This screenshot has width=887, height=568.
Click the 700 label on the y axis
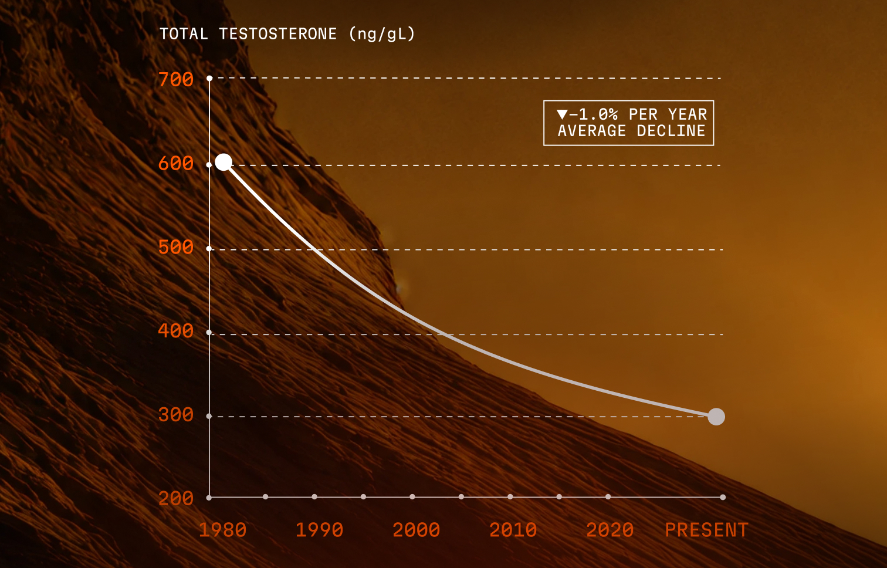click(x=176, y=79)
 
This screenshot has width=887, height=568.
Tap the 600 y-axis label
click(x=176, y=163)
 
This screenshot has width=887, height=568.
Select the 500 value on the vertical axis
click(x=176, y=247)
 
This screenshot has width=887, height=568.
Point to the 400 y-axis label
click(x=176, y=331)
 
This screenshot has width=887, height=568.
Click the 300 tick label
click(x=176, y=415)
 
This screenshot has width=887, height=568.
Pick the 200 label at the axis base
click(x=176, y=498)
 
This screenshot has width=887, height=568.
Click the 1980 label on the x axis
click(x=222, y=530)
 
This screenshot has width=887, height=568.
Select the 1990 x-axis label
click(x=320, y=530)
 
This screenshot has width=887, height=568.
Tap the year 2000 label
click(x=416, y=530)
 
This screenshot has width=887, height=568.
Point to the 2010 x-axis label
click(x=513, y=530)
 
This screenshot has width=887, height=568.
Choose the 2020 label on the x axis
click(x=610, y=530)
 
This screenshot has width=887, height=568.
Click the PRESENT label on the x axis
click(x=707, y=530)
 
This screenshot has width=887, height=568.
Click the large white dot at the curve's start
click(x=224, y=163)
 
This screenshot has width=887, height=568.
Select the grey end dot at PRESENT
click(x=716, y=417)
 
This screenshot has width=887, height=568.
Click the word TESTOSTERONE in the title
click(x=278, y=34)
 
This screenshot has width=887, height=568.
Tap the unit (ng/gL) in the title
click(x=382, y=34)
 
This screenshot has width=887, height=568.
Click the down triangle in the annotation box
click(x=562, y=114)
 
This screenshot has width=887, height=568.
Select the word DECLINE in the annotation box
click(x=671, y=131)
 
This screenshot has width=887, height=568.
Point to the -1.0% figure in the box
click(x=593, y=114)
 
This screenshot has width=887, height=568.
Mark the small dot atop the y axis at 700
click(x=209, y=79)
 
